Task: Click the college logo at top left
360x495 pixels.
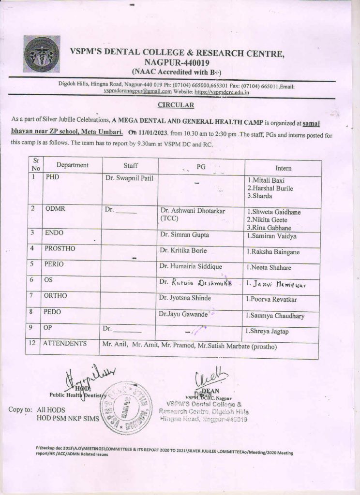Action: click(x=42, y=54)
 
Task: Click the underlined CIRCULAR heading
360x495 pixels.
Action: click(x=176, y=104)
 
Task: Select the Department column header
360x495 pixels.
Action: click(x=72, y=165)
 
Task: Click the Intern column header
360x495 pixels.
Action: click(x=283, y=168)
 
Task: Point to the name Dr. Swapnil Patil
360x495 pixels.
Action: click(x=129, y=178)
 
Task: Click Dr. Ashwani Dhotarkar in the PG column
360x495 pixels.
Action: click(x=193, y=211)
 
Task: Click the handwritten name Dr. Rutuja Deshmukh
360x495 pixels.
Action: click(x=195, y=283)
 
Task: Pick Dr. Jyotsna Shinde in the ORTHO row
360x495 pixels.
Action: click(x=185, y=298)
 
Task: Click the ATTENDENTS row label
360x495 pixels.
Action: click(x=65, y=344)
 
